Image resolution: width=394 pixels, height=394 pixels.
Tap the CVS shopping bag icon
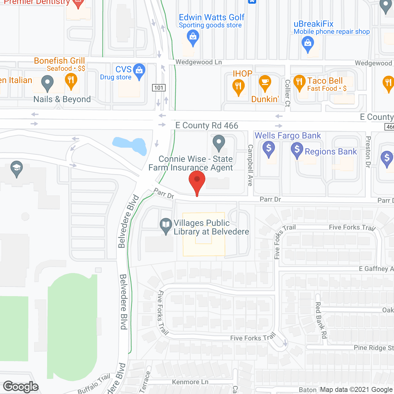point(139,71)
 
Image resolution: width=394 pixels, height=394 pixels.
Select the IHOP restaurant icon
point(239,86)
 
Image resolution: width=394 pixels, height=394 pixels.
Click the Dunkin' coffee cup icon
point(265,82)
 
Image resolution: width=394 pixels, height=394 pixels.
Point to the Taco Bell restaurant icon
point(299,82)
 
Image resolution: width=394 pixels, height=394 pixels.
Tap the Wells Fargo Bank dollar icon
point(269,149)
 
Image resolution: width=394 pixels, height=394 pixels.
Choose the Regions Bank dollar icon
point(297,150)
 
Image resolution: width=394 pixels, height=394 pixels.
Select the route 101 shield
point(159,88)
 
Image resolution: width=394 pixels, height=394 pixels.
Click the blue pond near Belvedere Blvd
point(131,145)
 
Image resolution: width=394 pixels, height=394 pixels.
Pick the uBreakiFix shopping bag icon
point(308,43)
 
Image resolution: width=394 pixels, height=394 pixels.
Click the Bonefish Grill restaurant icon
point(71,81)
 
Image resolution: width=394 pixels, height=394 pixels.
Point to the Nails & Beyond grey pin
point(47,83)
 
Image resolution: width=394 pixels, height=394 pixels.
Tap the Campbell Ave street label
point(251,165)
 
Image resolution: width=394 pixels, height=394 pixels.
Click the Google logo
point(21,387)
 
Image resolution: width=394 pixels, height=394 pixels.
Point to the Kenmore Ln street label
point(190,382)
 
